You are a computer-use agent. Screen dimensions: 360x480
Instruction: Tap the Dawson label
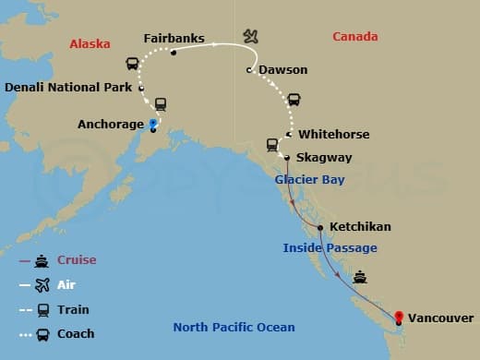[284, 70]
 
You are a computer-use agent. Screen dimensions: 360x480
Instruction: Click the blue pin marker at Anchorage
[152, 124]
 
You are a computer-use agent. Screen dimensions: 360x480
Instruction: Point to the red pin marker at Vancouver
[399, 318]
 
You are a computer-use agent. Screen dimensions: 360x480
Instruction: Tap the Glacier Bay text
[310, 180]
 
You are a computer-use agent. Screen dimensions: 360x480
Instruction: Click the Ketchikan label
[360, 226]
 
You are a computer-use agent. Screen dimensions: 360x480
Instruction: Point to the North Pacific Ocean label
[235, 328]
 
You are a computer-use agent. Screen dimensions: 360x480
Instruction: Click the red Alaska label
[90, 43]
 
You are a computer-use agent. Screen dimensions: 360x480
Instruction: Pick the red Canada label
[355, 37]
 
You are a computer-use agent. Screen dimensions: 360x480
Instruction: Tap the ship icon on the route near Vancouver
[360, 276]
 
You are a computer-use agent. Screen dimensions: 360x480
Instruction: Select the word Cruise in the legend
[77, 260]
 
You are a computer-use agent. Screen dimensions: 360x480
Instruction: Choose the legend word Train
[73, 309]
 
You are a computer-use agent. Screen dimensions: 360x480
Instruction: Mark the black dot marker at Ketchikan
[320, 227]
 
